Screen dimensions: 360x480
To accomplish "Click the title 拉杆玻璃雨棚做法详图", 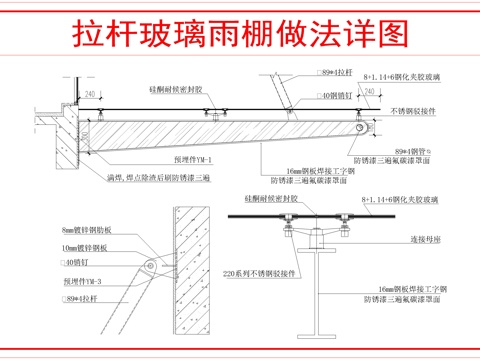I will [241, 33].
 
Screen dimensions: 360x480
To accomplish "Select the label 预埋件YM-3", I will [83, 281].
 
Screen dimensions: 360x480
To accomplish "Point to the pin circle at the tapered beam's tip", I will [367, 129].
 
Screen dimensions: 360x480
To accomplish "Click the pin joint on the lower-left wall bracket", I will [150, 265].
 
